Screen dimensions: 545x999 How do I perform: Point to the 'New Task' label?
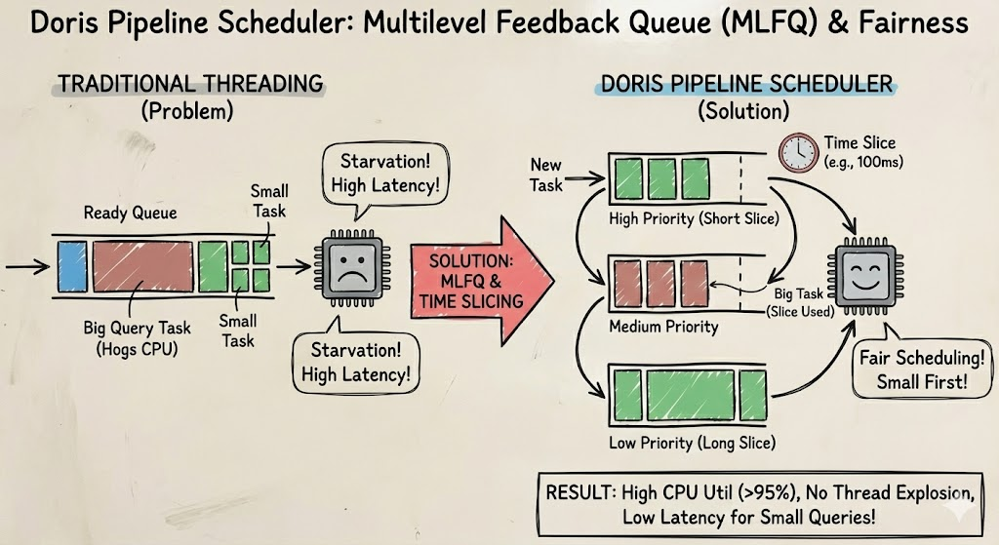(x=547, y=174)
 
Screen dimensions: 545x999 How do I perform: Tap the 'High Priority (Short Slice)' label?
(x=693, y=218)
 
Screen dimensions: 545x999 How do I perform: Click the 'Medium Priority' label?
(x=663, y=326)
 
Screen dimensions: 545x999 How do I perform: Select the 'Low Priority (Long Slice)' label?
(x=692, y=443)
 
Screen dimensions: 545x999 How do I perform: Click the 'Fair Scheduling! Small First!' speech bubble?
(x=913, y=370)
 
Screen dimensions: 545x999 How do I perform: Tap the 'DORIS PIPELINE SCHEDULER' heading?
(x=746, y=83)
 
